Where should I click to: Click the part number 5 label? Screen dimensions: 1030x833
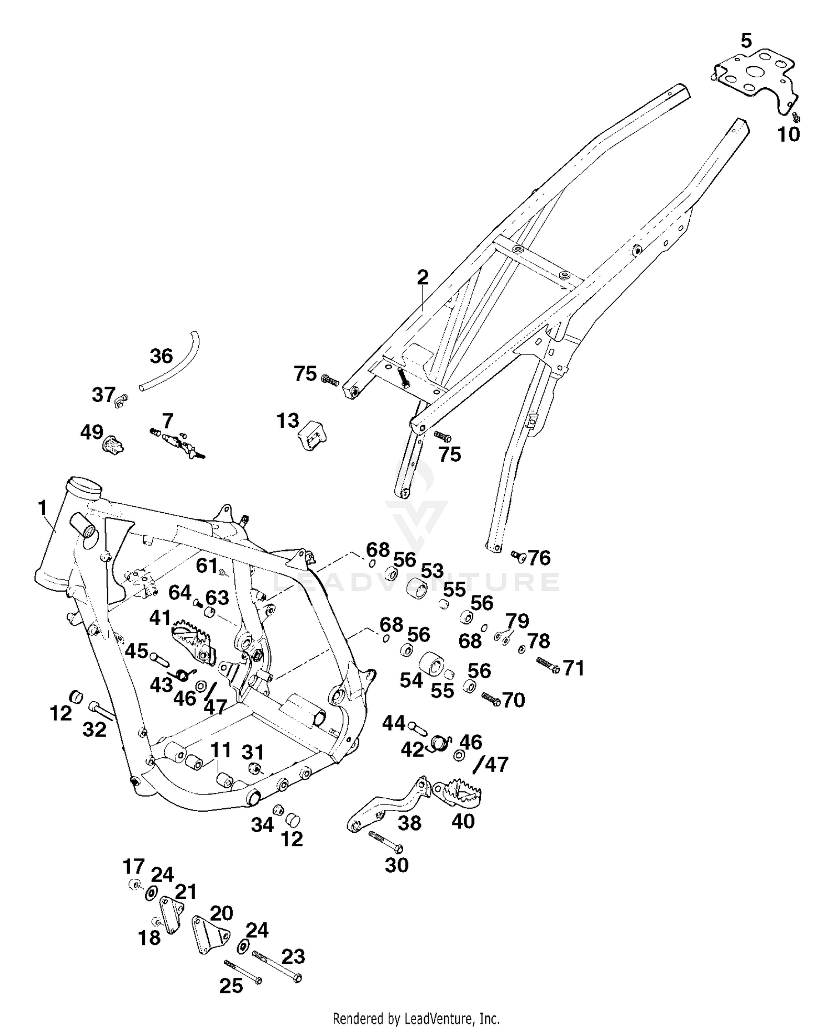pos(746,40)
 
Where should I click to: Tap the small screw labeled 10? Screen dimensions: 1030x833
pos(796,117)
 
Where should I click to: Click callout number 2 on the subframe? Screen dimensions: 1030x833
pos(423,277)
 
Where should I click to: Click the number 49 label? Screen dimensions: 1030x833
pos(92,432)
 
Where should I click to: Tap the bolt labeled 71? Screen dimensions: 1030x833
pos(548,665)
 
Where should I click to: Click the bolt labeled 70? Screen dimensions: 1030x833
pos(490,698)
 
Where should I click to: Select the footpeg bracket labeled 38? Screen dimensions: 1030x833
pos(389,803)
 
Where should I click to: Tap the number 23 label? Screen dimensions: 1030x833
pos(293,956)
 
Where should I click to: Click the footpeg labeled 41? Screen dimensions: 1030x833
pos(195,640)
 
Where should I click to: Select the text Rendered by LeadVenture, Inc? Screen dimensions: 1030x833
pos(416,1019)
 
